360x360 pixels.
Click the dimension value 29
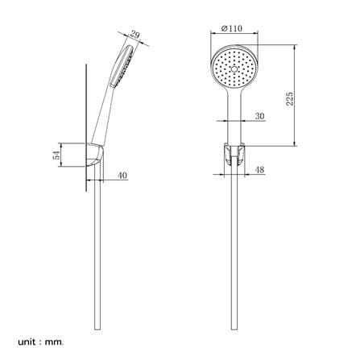click(135, 35)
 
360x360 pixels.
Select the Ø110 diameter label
click(231, 28)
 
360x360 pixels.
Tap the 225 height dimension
click(289, 98)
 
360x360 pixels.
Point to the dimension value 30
click(259, 116)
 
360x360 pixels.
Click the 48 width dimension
click(259, 170)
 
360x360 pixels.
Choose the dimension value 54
click(57, 155)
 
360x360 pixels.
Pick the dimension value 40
click(122, 176)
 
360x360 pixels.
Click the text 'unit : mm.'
click(41, 342)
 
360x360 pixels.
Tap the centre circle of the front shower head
click(234, 69)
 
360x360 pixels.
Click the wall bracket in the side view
click(95, 155)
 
